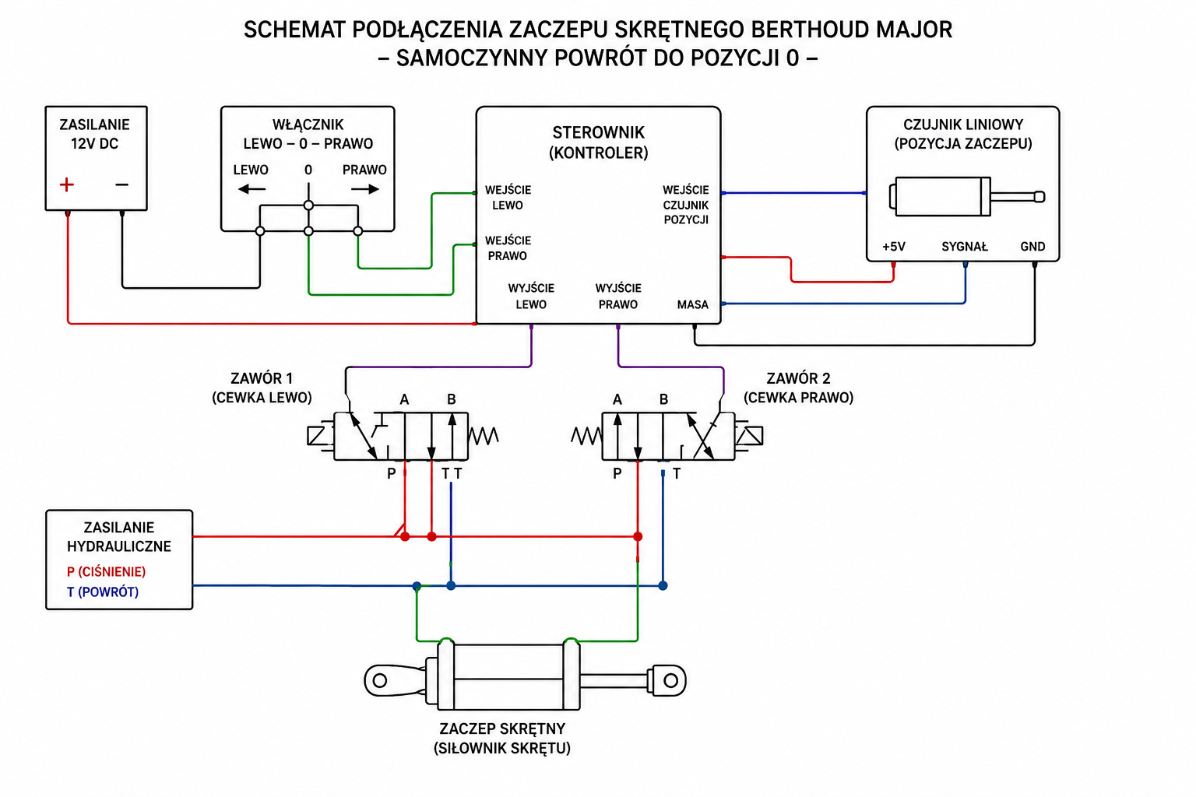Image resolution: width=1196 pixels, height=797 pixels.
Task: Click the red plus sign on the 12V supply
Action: (x=67, y=184)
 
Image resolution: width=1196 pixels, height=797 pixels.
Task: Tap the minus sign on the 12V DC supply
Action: (x=121, y=184)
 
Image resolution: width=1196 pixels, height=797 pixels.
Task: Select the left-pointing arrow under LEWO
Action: (x=252, y=188)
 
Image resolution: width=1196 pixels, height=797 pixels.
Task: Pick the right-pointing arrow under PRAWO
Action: (x=365, y=188)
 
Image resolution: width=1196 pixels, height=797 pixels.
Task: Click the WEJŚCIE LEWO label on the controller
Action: (x=508, y=198)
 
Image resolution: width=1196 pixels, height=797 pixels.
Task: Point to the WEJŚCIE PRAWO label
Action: (x=508, y=248)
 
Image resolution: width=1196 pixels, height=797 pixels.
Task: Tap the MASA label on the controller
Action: (x=692, y=305)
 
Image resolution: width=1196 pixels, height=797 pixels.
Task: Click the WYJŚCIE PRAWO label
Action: (x=618, y=297)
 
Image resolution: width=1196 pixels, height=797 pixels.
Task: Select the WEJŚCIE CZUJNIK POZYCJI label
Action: (x=686, y=205)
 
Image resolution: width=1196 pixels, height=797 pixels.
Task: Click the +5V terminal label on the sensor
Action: (x=894, y=247)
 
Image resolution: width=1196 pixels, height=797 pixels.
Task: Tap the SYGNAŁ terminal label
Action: (x=964, y=247)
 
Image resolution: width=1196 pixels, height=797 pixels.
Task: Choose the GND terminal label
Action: (x=1032, y=247)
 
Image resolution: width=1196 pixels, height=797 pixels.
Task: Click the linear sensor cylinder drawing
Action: (x=966, y=196)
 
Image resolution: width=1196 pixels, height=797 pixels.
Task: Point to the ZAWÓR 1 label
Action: (x=262, y=378)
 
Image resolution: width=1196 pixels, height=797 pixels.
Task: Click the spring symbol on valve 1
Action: (x=484, y=436)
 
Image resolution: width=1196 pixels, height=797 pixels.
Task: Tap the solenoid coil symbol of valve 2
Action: (x=748, y=436)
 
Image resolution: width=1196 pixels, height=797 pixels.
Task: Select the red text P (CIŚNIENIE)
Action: (x=106, y=572)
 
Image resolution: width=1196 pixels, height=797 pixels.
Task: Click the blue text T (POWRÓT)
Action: (x=103, y=592)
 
